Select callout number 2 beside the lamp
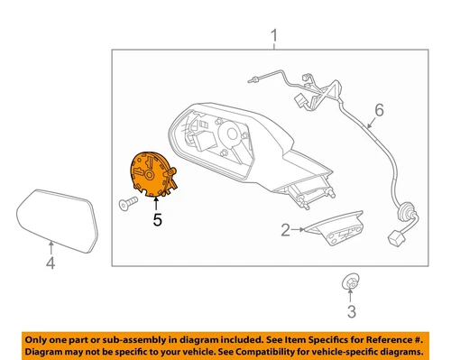(285, 230)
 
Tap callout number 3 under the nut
(352, 314)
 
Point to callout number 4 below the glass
(51, 263)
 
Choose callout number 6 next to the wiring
(379, 111)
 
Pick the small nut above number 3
(349, 283)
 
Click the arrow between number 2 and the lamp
(299, 230)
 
